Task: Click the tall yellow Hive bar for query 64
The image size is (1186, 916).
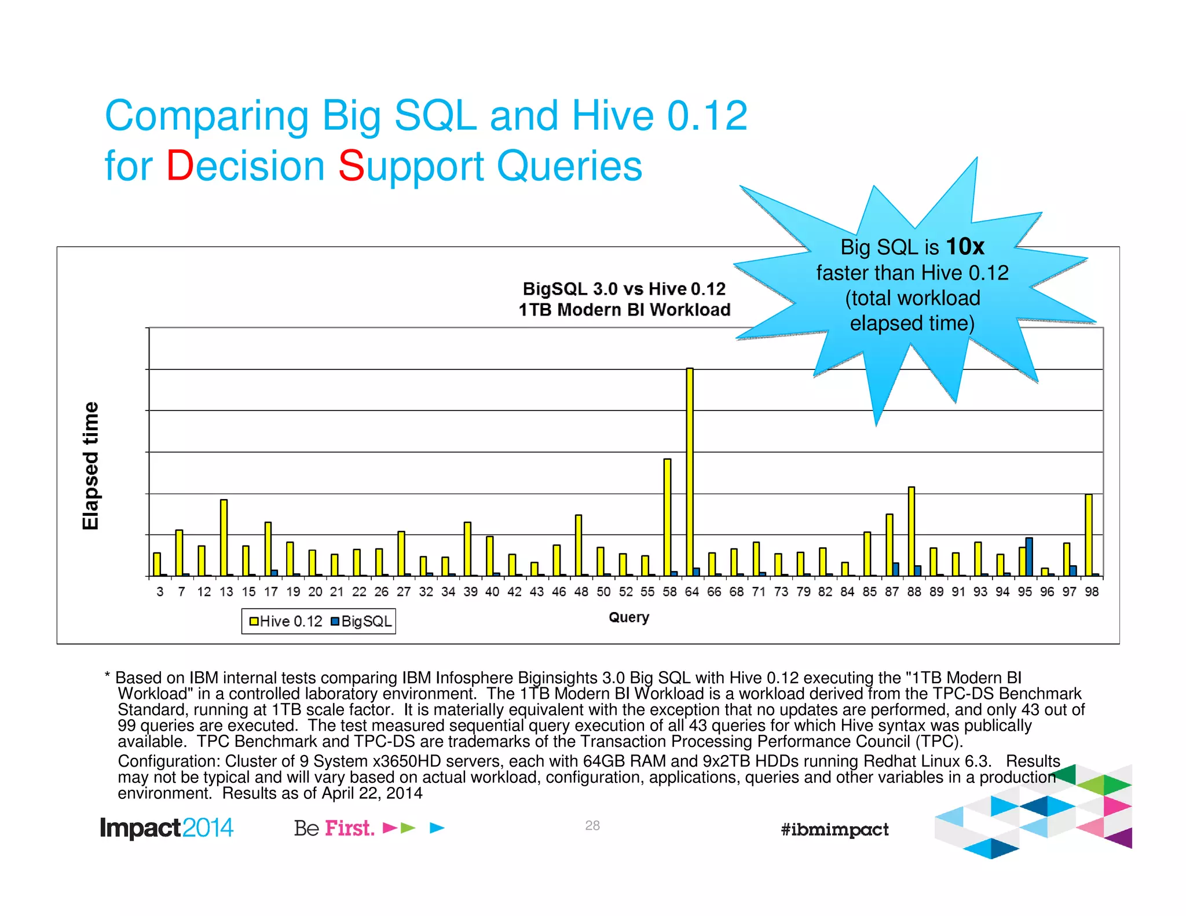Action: pos(690,472)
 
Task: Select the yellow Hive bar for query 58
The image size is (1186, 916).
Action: pos(667,517)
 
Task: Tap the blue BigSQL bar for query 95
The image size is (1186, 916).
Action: pos(1029,557)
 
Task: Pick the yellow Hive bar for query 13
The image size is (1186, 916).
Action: pos(224,537)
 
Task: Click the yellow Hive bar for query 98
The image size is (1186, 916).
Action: pos(1089,535)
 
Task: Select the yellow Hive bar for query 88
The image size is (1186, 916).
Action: pos(912,531)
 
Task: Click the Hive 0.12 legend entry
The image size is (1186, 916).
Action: pos(285,621)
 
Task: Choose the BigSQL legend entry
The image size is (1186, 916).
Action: pos(361,621)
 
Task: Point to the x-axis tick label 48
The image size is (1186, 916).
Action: pos(581,592)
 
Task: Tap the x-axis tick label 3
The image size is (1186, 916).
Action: pos(160,592)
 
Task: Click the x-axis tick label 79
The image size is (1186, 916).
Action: pos(803,592)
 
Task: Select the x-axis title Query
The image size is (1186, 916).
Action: pos(629,617)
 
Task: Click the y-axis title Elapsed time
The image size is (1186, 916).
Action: pos(91,466)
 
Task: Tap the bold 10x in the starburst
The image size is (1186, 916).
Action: pos(965,247)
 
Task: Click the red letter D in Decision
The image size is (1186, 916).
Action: pos(180,166)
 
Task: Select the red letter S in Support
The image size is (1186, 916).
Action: pos(351,166)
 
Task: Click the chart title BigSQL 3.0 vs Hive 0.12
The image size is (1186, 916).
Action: pos(624,289)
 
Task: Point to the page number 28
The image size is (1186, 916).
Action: pos(592,826)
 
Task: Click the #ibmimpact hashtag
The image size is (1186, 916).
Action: pos(834,829)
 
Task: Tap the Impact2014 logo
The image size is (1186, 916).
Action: pos(167,828)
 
